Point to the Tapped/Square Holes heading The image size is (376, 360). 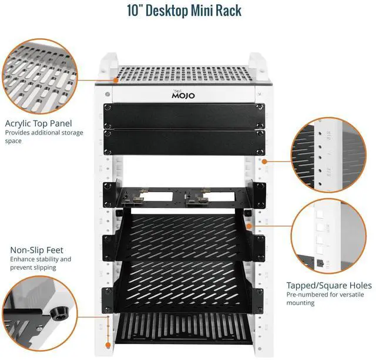[327, 284]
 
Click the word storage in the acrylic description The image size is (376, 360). [72, 133]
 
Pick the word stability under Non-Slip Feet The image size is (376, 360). [48, 259]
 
